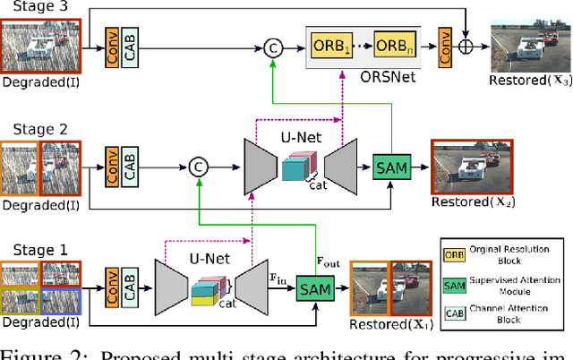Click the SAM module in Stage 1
(315, 289)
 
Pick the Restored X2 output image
(467, 168)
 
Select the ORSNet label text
(363, 76)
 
